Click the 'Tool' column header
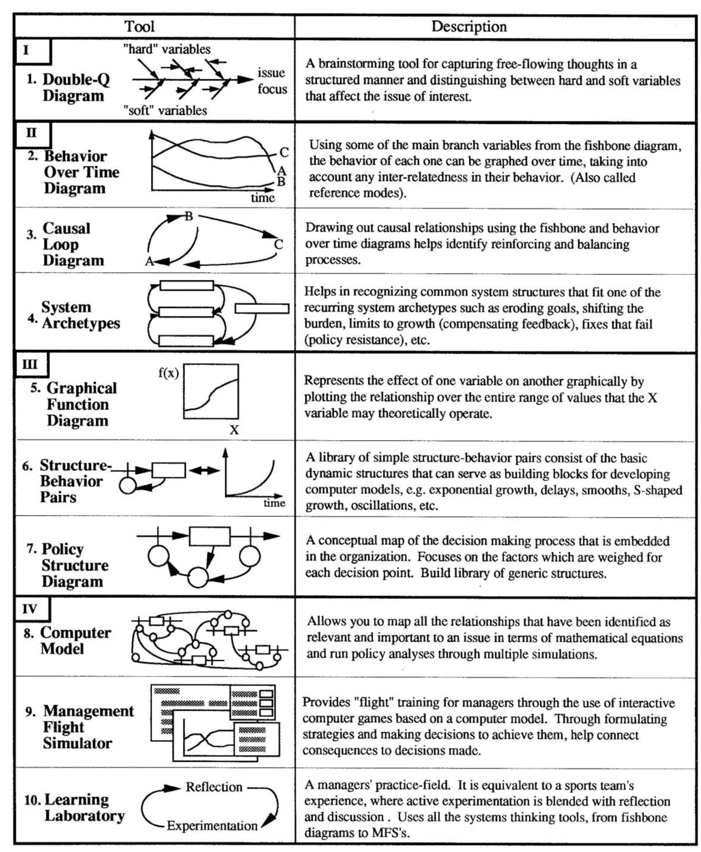click(139, 27)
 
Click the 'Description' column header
click(469, 27)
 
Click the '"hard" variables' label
click(167, 49)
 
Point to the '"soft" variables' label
click(165, 110)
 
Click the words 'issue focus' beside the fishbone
click(272, 81)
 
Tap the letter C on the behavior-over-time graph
click(284, 152)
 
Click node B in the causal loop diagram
click(188, 216)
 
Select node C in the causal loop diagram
click(278, 244)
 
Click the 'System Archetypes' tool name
click(80, 315)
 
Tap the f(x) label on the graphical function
click(168, 373)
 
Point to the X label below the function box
click(234, 430)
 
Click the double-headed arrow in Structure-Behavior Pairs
click(204, 470)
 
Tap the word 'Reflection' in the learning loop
click(214, 787)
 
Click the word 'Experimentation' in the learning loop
click(212, 826)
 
